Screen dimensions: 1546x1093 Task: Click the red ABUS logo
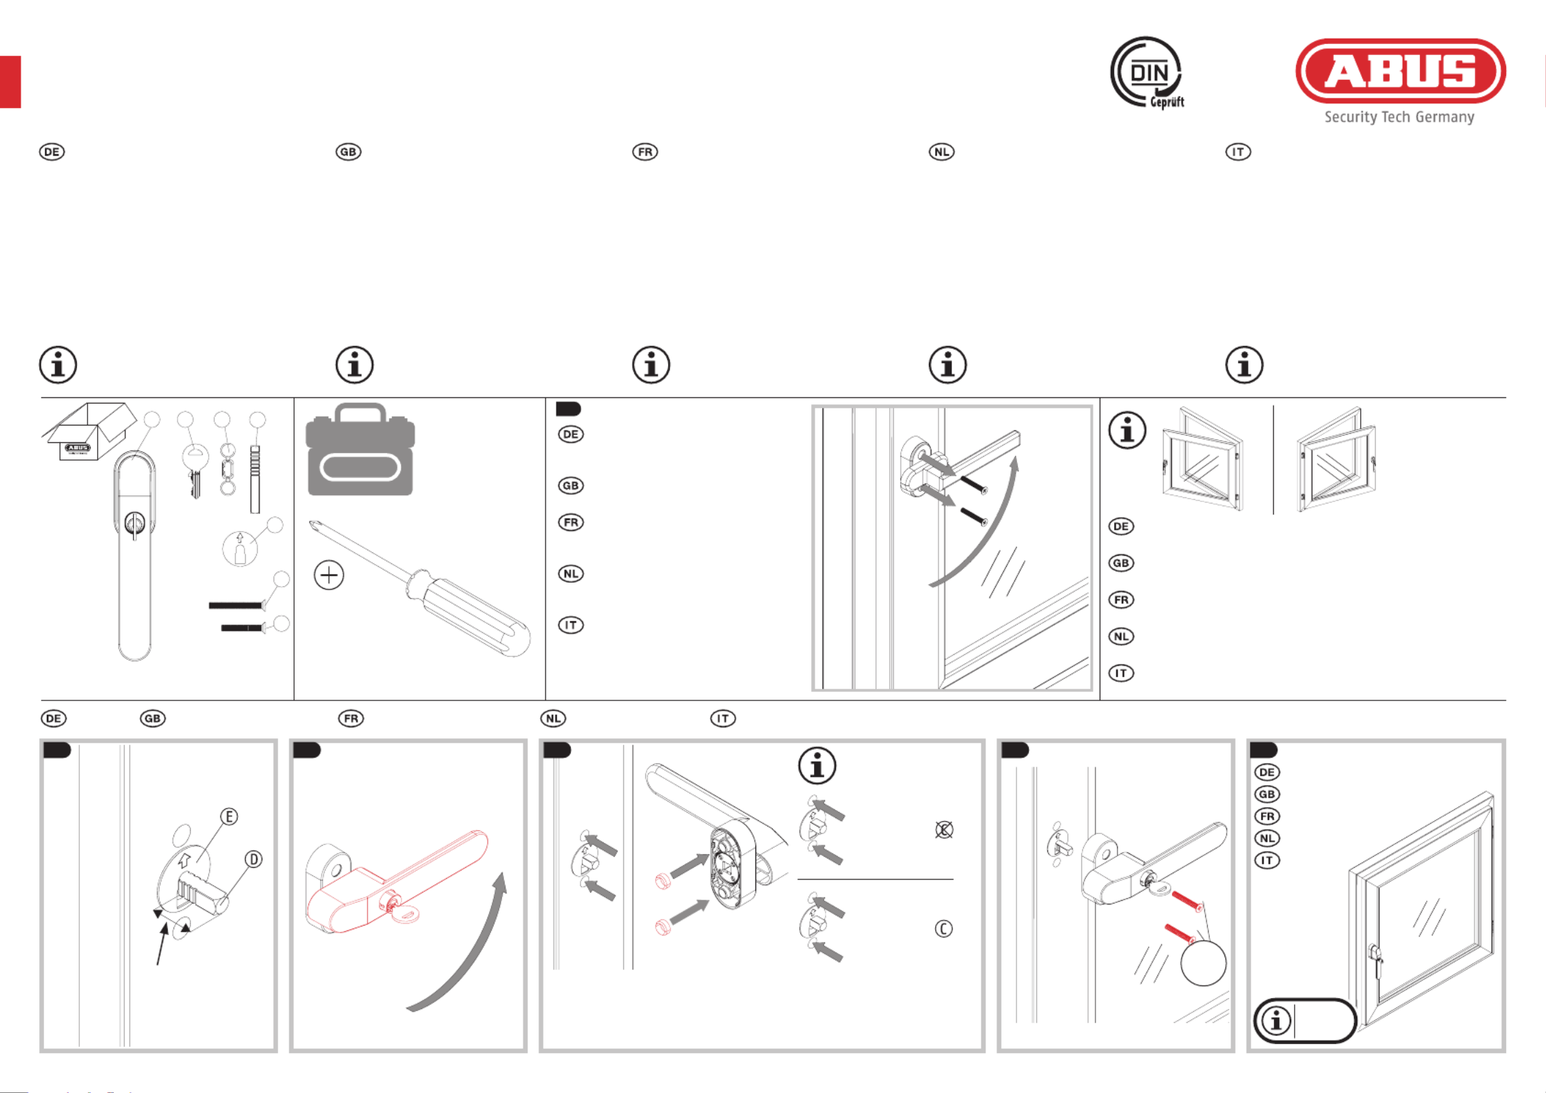point(1401,71)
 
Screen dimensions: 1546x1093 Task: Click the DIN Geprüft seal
point(1147,73)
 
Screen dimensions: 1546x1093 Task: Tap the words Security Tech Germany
point(1399,117)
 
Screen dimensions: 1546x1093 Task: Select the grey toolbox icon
point(360,449)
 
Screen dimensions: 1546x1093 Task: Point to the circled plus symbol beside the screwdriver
point(329,575)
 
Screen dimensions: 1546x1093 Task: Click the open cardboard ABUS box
point(89,430)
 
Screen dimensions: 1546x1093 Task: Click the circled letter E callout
point(229,817)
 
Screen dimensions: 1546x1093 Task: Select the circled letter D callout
point(254,860)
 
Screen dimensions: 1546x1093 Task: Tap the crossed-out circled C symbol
point(944,830)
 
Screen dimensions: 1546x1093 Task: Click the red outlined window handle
point(396,882)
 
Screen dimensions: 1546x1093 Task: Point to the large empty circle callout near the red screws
point(1203,963)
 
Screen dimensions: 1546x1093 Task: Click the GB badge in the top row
point(348,152)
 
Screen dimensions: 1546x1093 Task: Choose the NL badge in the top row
point(941,152)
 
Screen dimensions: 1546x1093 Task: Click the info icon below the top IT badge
point(1244,365)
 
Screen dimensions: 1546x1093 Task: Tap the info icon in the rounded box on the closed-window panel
point(1276,1021)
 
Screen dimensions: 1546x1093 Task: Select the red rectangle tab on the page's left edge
point(10,82)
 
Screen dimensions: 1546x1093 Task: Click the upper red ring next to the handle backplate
point(662,881)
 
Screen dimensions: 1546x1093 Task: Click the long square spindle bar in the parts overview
point(255,479)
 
